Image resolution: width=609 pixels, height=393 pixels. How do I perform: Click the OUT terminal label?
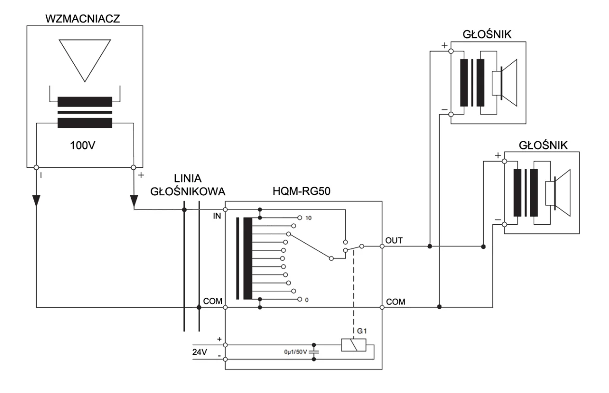point(392,240)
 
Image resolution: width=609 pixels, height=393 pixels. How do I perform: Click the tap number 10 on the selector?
point(308,218)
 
